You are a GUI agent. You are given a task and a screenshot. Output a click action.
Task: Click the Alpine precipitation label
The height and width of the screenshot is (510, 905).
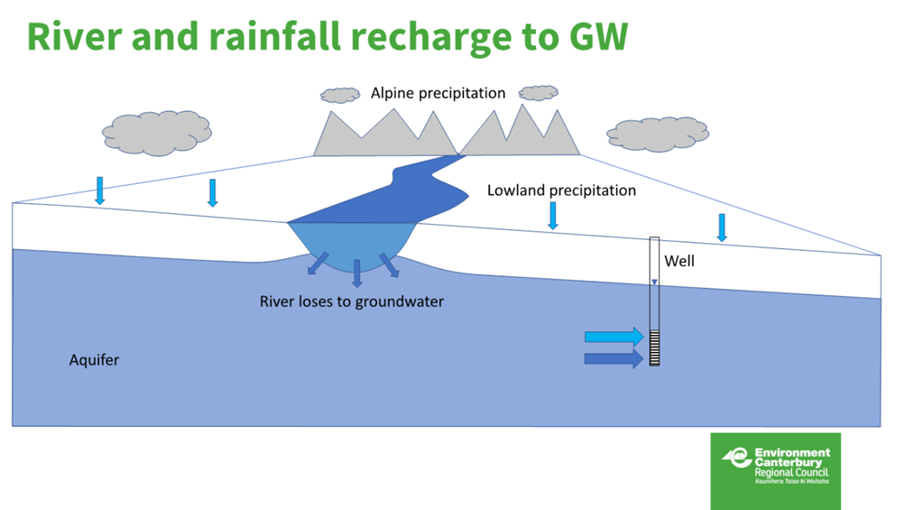(x=438, y=93)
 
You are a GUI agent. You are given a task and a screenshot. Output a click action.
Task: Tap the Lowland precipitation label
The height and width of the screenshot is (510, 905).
(x=561, y=190)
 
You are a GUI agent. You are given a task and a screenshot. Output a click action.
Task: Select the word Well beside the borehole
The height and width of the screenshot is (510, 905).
(x=679, y=262)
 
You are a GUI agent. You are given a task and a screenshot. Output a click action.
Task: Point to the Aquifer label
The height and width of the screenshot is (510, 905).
(x=94, y=360)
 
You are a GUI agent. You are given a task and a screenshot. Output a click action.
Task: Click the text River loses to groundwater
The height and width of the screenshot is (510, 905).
(x=352, y=301)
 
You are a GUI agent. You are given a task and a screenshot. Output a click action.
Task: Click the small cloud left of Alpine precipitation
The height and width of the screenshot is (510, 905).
(x=340, y=95)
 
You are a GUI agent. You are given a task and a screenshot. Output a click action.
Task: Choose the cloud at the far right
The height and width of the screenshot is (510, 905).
(x=657, y=134)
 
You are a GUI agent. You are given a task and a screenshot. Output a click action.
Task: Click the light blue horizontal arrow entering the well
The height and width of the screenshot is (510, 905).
(x=614, y=337)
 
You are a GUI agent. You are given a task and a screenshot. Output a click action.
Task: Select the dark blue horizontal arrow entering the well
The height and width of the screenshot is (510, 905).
(x=614, y=358)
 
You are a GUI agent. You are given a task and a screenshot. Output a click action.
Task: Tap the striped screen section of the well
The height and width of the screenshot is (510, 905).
(x=655, y=348)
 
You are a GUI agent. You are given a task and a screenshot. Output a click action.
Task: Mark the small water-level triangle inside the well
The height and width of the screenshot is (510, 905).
(x=655, y=283)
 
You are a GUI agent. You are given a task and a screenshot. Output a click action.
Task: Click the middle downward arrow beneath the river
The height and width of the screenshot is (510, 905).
(x=357, y=273)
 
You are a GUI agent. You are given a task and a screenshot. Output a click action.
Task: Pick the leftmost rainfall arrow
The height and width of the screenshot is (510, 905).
(x=100, y=190)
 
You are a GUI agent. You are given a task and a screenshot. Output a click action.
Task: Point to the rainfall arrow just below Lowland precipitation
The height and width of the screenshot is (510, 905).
(x=553, y=215)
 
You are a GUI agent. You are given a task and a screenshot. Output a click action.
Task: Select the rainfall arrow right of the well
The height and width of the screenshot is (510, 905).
(x=722, y=227)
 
